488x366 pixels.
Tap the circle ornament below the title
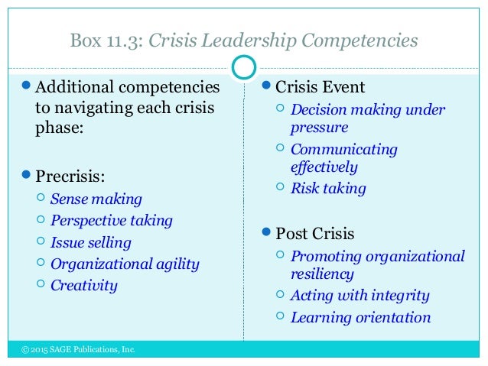(x=243, y=68)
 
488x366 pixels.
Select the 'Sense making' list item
(x=96, y=199)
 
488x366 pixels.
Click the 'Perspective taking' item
(x=112, y=221)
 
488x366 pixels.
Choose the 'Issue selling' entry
(x=91, y=243)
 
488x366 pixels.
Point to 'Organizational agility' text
(x=125, y=264)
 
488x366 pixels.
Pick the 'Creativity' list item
(x=84, y=286)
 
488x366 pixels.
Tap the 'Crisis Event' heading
(x=320, y=86)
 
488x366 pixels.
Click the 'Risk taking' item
(x=328, y=188)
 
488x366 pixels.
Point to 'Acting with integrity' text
(x=359, y=295)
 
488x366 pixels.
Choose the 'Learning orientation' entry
(x=360, y=317)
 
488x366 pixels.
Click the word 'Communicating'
(x=344, y=149)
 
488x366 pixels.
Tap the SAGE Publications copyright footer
(x=78, y=350)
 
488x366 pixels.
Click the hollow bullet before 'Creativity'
(x=41, y=285)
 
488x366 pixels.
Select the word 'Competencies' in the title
(x=366, y=40)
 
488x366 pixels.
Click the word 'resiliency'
(x=322, y=274)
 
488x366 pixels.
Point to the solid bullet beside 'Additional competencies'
(x=28, y=86)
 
